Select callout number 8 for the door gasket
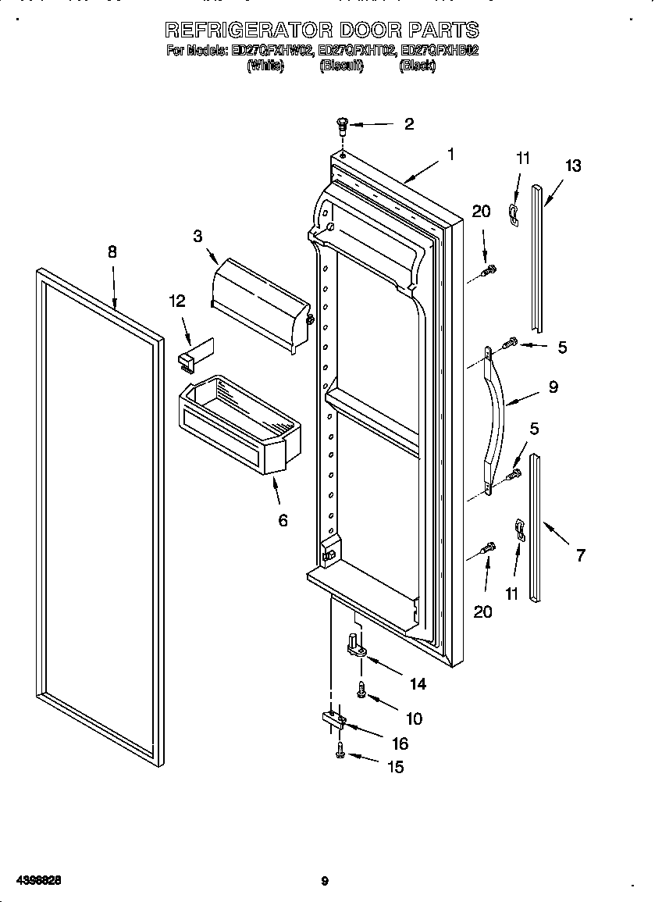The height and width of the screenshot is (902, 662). tap(112, 251)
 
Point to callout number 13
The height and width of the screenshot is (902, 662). tap(572, 166)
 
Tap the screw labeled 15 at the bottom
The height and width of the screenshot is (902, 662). tap(340, 752)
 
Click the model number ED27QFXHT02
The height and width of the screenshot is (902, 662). tap(356, 52)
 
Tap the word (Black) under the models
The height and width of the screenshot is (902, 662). tap(416, 66)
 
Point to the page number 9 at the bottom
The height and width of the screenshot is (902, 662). tap(324, 882)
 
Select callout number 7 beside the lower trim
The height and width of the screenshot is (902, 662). tap(580, 555)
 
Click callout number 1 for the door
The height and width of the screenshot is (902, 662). tap(450, 155)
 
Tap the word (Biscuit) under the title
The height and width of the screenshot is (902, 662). tap(341, 66)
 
